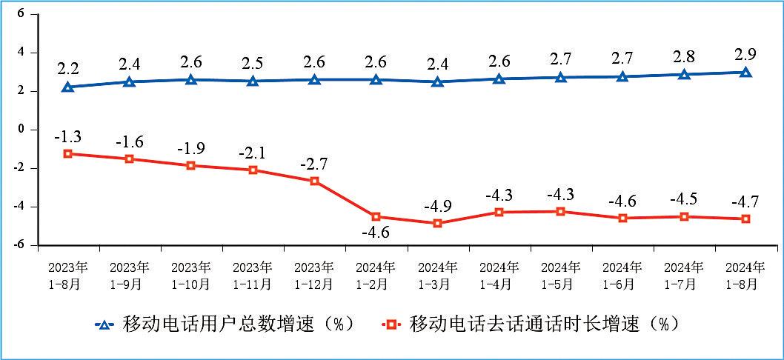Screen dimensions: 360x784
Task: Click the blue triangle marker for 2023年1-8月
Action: pyautogui.click(x=68, y=87)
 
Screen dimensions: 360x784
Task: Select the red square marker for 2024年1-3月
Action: pyautogui.click(x=438, y=223)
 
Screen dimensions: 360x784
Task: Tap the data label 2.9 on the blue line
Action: pyautogui.click(x=745, y=53)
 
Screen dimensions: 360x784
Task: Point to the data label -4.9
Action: pyautogui.click(x=438, y=205)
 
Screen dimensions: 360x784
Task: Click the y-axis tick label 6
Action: pyautogui.click(x=21, y=14)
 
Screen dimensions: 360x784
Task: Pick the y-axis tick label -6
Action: pyautogui.click(x=19, y=244)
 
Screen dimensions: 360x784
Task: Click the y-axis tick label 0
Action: pyautogui.click(x=21, y=129)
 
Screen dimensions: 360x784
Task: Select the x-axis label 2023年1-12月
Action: pyautogui.click(x=314, y=274)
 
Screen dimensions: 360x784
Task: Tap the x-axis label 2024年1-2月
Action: pyautogui.click(x=376, y=274)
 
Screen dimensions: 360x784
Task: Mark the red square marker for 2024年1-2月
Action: pyautogui.click(x=376, y=217)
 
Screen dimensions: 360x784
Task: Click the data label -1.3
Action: pyautogui.click(x=68, y=136)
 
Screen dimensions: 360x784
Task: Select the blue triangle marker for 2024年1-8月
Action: pyautogui.click(x=745, y=73)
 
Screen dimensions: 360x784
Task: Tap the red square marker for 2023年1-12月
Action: pyautogui.click(x=314, y=181)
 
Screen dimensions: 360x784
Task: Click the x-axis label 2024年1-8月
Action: pyautogui.click(x=745, y=274)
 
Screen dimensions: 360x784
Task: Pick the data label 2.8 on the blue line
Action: pyautogui.click(x=683, y=56)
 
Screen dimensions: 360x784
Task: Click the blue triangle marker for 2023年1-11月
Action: pyautogui.click(x=253, y=81)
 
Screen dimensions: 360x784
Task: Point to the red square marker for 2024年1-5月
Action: pyautogui.click(x=561, y=212)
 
